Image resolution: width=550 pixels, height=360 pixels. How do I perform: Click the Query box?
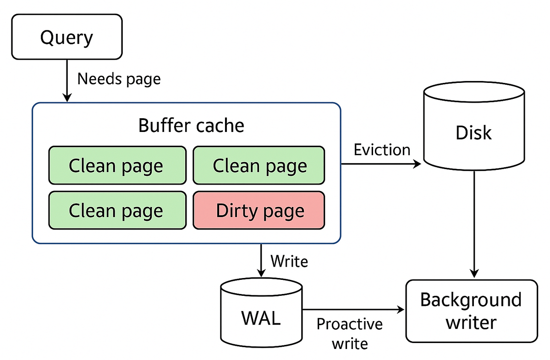click(x=67, y=37)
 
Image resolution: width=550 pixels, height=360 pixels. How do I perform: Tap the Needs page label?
click(x=119, y=79)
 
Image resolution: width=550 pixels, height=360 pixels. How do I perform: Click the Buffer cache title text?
click(x=191, y=125)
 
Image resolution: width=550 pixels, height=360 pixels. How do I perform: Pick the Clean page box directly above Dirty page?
click(x=259, y=165)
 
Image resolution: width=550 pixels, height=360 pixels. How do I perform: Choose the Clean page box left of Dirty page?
click(x=117, y=210)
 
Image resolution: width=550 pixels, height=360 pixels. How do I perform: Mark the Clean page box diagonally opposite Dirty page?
click(x=117, y=165)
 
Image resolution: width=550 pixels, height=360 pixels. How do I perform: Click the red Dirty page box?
click(x=259, y=210)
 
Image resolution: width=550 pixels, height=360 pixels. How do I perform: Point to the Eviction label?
click(x=382, y=150)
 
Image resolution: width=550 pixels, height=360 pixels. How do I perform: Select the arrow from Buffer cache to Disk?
click(x=380, y=164)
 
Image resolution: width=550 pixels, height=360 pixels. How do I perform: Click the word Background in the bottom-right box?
click(x=471, y=300)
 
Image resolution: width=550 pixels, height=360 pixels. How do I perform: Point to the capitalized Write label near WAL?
click(x=289, y=261)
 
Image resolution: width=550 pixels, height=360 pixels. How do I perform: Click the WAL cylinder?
click(x=261, y=316)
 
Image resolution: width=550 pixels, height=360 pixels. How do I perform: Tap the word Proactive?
click(x=349, y=324)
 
